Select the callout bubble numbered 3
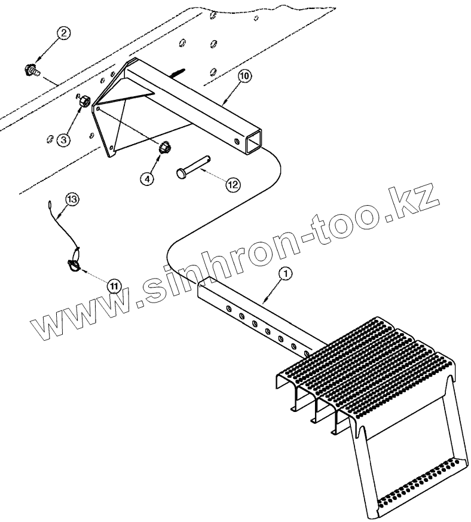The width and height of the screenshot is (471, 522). [x=63, y=140]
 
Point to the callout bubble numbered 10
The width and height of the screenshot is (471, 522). [x=245, y=77]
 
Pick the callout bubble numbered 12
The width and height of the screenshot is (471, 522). [x=232, y=184]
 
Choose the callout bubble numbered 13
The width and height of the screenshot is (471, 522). [x=72, y=199]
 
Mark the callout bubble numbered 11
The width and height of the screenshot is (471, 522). [x=114, y=285]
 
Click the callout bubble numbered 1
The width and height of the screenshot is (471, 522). [x=286, y=273]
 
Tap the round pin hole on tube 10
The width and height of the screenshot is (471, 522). [x=238, y=142]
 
